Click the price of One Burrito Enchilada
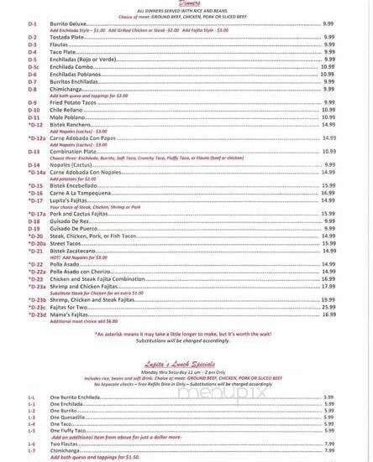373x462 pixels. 329,397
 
